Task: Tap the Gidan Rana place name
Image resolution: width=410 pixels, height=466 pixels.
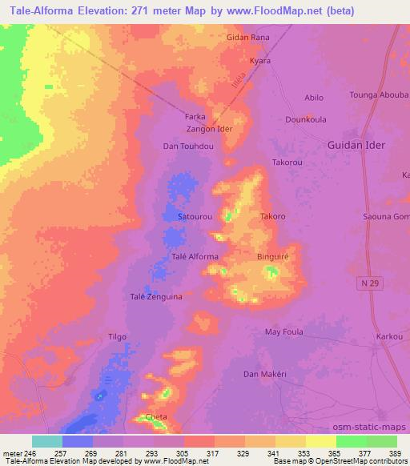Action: click(247, 38)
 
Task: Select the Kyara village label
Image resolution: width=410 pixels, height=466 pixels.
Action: click(260, 61)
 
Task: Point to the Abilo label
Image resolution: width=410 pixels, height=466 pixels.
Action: click(314, 98)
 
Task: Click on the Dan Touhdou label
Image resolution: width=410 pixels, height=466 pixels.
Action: click(188, 147)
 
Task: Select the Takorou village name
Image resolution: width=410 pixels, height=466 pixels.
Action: click(288, 162)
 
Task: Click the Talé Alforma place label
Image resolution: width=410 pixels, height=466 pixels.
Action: click(195, 256)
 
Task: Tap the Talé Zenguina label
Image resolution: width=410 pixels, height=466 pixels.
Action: click(156, 296)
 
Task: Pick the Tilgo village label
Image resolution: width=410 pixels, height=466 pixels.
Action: click(117, 337)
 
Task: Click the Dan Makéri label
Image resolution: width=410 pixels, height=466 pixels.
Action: click(264, 375)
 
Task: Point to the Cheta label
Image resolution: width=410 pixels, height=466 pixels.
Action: click(155, 417)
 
